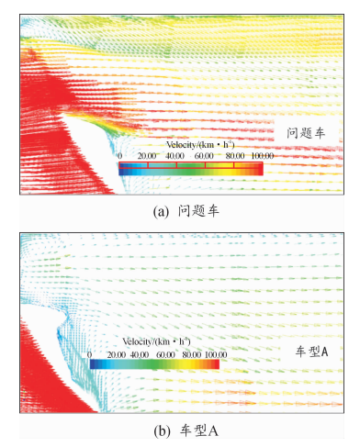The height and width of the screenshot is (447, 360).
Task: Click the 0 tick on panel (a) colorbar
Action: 120,156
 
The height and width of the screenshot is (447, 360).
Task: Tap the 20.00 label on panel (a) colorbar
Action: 147,156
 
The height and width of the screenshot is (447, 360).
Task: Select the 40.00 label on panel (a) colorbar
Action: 174,156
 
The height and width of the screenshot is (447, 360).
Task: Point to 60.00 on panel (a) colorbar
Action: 204,156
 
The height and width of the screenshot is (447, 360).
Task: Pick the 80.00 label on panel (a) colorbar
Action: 235,156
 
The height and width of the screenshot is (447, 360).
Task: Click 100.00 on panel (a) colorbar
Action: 263,156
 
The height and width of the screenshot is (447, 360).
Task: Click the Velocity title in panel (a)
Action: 200,145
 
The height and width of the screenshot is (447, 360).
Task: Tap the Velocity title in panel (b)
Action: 156,341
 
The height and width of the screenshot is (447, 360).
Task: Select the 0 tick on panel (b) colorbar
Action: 89,355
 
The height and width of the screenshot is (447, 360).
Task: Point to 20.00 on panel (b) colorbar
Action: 117,355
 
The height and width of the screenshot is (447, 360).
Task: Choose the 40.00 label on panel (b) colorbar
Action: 140,355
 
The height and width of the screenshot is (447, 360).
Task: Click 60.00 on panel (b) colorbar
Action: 165,355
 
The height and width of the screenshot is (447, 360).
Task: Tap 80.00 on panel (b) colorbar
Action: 192,355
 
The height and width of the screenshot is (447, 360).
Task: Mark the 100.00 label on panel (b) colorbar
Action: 216,355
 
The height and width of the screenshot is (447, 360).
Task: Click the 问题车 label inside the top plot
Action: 306,133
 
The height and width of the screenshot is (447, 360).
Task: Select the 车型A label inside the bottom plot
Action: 311,352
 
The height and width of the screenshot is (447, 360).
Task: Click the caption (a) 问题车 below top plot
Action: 186,211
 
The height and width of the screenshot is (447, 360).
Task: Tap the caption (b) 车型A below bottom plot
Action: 186,430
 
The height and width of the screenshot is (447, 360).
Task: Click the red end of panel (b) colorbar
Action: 217,364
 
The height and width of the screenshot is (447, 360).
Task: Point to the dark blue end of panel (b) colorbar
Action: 93,364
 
